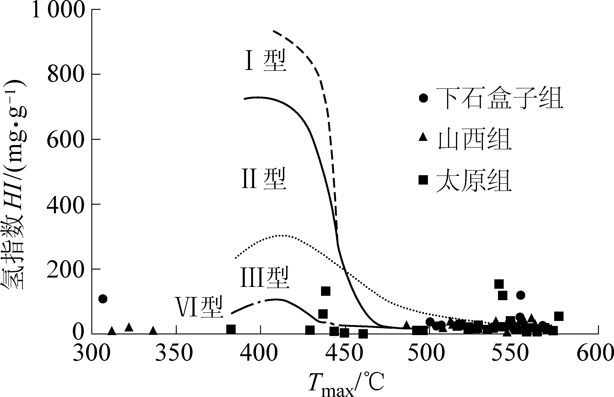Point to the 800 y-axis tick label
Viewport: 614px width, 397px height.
coord(66,74)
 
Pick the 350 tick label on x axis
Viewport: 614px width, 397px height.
coord(174,353)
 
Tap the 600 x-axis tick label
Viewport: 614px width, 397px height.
coord(595,353)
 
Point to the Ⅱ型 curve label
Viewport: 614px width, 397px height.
coord(264,178)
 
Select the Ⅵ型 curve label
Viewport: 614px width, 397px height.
coord(199,307)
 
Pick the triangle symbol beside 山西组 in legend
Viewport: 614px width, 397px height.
coord(423,137)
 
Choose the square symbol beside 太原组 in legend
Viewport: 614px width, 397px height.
coord(423,180)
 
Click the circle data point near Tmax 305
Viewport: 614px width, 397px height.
coord(103,299)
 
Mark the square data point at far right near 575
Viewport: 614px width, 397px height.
coord(559,316)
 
